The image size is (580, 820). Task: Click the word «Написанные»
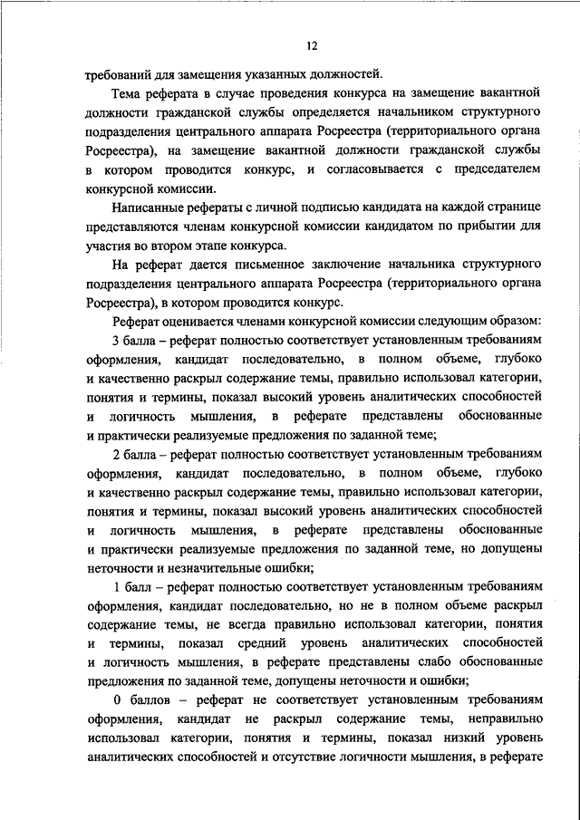(147, 208)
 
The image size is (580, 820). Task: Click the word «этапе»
(226, 246)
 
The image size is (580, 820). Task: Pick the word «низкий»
(449, 739)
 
